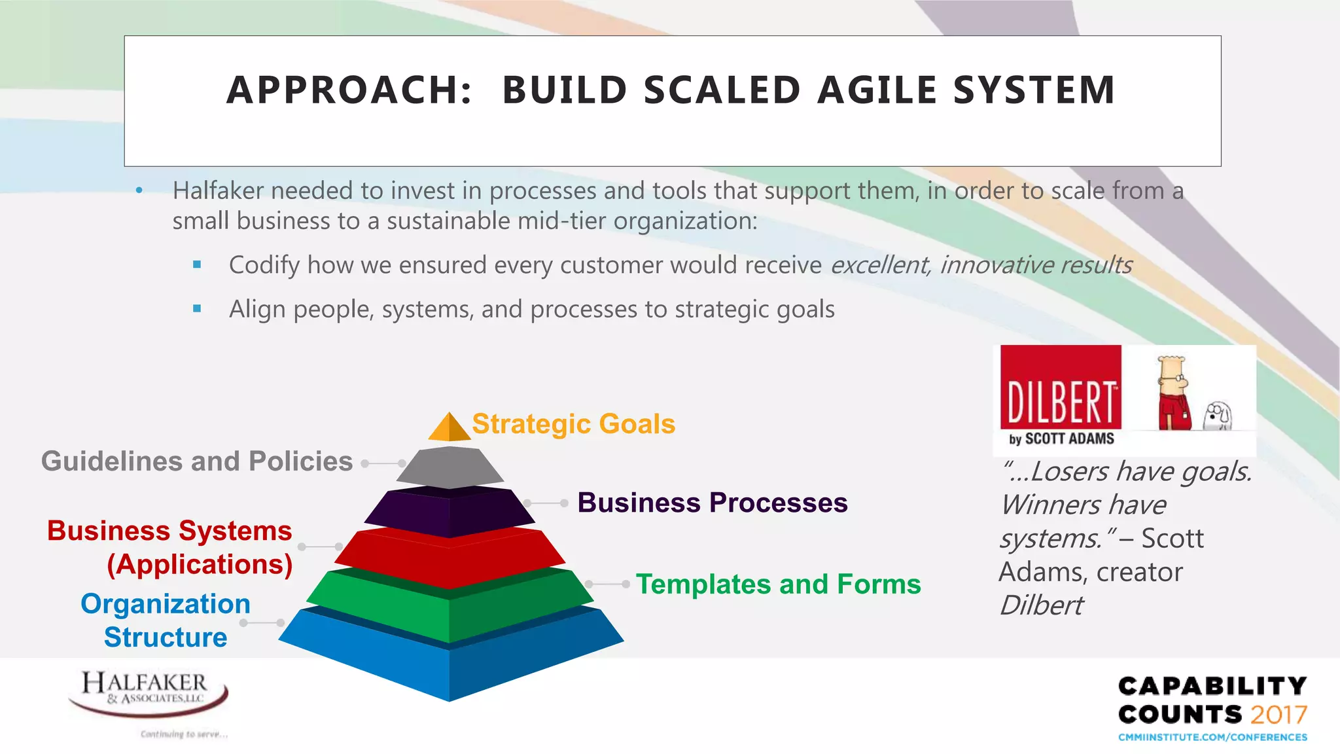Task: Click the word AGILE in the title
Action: (877, 90)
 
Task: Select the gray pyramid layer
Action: (450, 467)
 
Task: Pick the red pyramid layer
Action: (450, 556)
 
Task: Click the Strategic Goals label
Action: (573, 424)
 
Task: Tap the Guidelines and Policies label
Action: (197, 461)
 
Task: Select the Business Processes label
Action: (712, 503)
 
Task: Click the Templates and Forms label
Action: (778, 584)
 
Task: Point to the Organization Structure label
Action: (165, 620)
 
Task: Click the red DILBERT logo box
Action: (1061, 387)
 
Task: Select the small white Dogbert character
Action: (1218, 415)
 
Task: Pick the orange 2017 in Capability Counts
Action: (1278, 714)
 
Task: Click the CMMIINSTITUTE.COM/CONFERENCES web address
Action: (1212, 737)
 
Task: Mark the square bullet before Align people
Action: (197, 308)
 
